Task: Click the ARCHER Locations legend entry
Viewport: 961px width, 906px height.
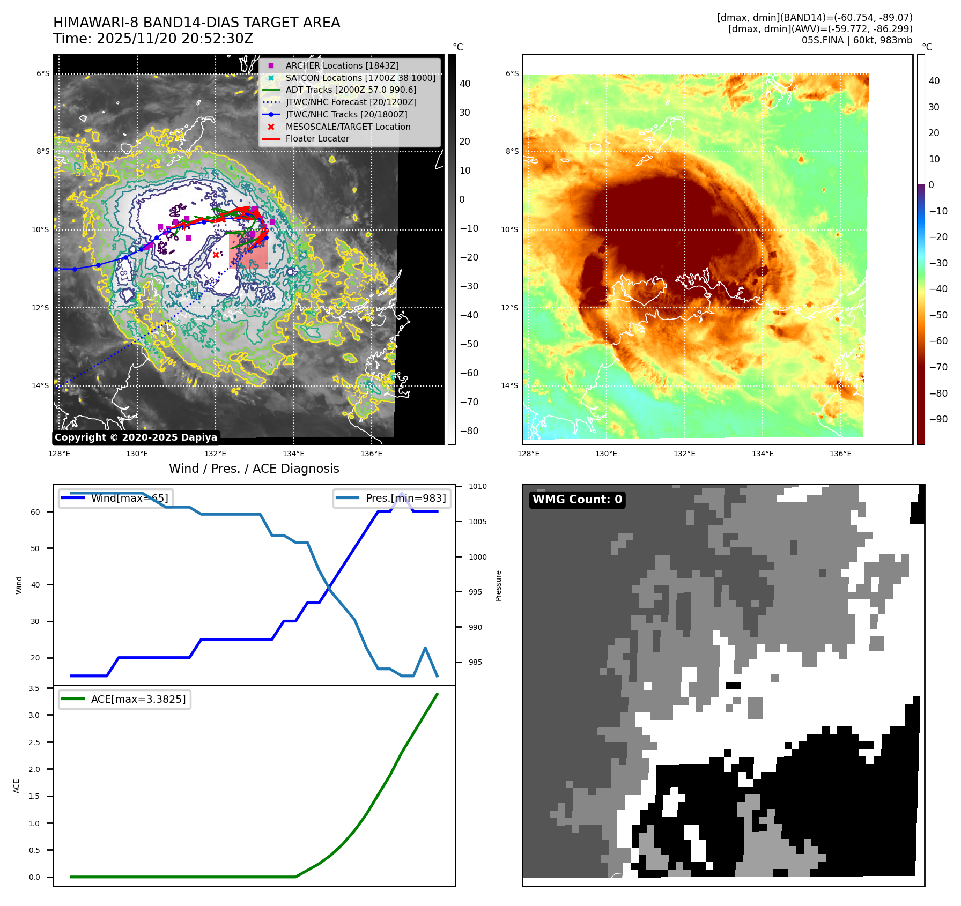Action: (x=342, y=65)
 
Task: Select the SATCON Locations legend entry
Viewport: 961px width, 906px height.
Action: (x=360, y=78)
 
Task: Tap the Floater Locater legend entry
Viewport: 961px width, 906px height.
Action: (x=317, y=138)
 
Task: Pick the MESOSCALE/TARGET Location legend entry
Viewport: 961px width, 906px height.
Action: (x=348, y=127)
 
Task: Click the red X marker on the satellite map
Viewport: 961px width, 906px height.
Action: (x=216, y=255)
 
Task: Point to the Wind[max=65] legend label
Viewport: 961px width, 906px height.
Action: (x=129, y=498)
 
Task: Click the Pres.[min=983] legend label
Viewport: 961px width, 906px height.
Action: (x=405, y=498)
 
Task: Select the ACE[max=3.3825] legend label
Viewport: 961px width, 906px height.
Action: (x=138, y=699)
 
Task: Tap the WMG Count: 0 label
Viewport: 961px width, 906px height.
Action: (x=577, y=500)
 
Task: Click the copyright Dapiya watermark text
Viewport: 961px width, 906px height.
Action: (x=136, y=437)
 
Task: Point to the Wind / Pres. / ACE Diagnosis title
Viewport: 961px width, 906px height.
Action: (x=254, y=469)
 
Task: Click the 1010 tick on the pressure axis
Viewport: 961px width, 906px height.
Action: (x=477, y=487)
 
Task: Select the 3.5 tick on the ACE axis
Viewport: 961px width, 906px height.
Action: (x=34, y=688)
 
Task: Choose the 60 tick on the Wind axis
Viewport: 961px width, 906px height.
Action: (x=35, y=512)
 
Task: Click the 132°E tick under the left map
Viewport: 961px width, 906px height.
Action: (x=215, y=454)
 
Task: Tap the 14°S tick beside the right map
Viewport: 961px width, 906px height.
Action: (x=509, y=385)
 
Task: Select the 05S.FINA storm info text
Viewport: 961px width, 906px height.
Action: (x=856, y=40)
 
